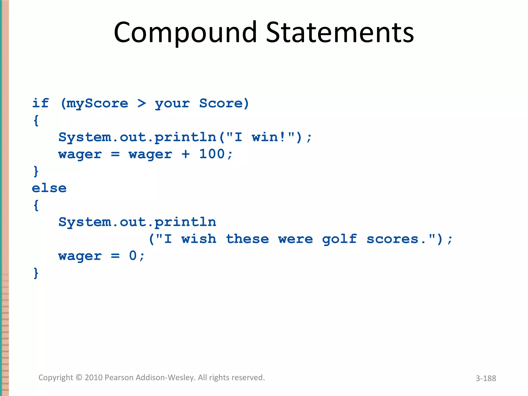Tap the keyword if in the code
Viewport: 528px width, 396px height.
click(40, 103)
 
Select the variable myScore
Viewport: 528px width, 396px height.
click(97, 104)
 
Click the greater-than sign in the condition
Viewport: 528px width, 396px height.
click(142, 103)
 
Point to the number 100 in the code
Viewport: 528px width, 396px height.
click(212, 154)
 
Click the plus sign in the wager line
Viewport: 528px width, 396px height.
click(185, 154)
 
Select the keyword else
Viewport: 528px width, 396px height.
click(49, 188)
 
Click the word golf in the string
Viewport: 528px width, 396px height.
click(339, 239)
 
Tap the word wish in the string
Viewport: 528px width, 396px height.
click(199, 239)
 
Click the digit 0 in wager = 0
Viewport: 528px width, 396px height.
click(133, 256)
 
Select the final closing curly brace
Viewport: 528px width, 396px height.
click(36, 273)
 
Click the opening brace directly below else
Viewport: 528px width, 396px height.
click(36, 205)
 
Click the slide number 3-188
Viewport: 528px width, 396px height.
click(486, 378)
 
